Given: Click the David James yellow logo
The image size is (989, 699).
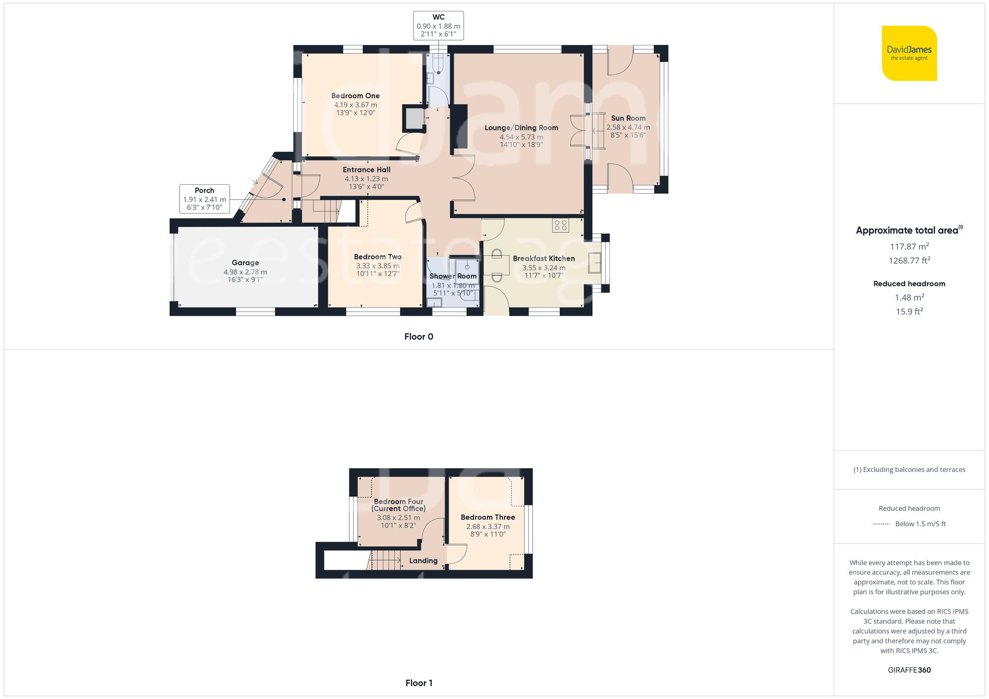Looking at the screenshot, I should coord(909,53).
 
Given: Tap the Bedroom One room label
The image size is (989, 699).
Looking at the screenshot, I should coord(355,96).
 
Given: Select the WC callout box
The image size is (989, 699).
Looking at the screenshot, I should coord(438,26).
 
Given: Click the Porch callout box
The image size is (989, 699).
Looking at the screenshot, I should coord(204,199).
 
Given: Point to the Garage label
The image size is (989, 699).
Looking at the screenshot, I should coord(245,263).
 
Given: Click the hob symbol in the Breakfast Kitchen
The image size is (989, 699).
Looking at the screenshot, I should coord(561,225).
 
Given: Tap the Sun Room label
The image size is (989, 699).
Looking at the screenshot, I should coord(628,118).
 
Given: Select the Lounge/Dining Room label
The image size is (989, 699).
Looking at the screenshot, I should coord(521,127).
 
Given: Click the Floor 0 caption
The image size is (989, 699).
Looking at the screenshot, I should coord(418,336).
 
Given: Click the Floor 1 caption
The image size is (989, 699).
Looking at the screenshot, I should coord(418,683).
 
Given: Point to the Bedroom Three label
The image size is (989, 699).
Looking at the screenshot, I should coord(488,517).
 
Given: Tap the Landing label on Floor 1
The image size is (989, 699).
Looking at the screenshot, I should coord(423,561).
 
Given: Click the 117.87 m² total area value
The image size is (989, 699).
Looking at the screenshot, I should coord(909,246).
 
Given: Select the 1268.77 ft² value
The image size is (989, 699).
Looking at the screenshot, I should coord(909,260).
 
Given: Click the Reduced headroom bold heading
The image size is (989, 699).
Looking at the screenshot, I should coord(909,284).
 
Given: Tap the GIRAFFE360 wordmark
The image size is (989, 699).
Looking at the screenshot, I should coord(909,670).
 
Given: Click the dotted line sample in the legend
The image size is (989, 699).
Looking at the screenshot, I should coord(881,524).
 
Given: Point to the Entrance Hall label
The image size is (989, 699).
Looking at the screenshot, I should coord(366,169).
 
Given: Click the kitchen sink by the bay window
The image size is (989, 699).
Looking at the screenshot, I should coord(594,263).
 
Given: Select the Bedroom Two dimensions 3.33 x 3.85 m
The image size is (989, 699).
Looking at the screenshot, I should coord(378,266).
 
